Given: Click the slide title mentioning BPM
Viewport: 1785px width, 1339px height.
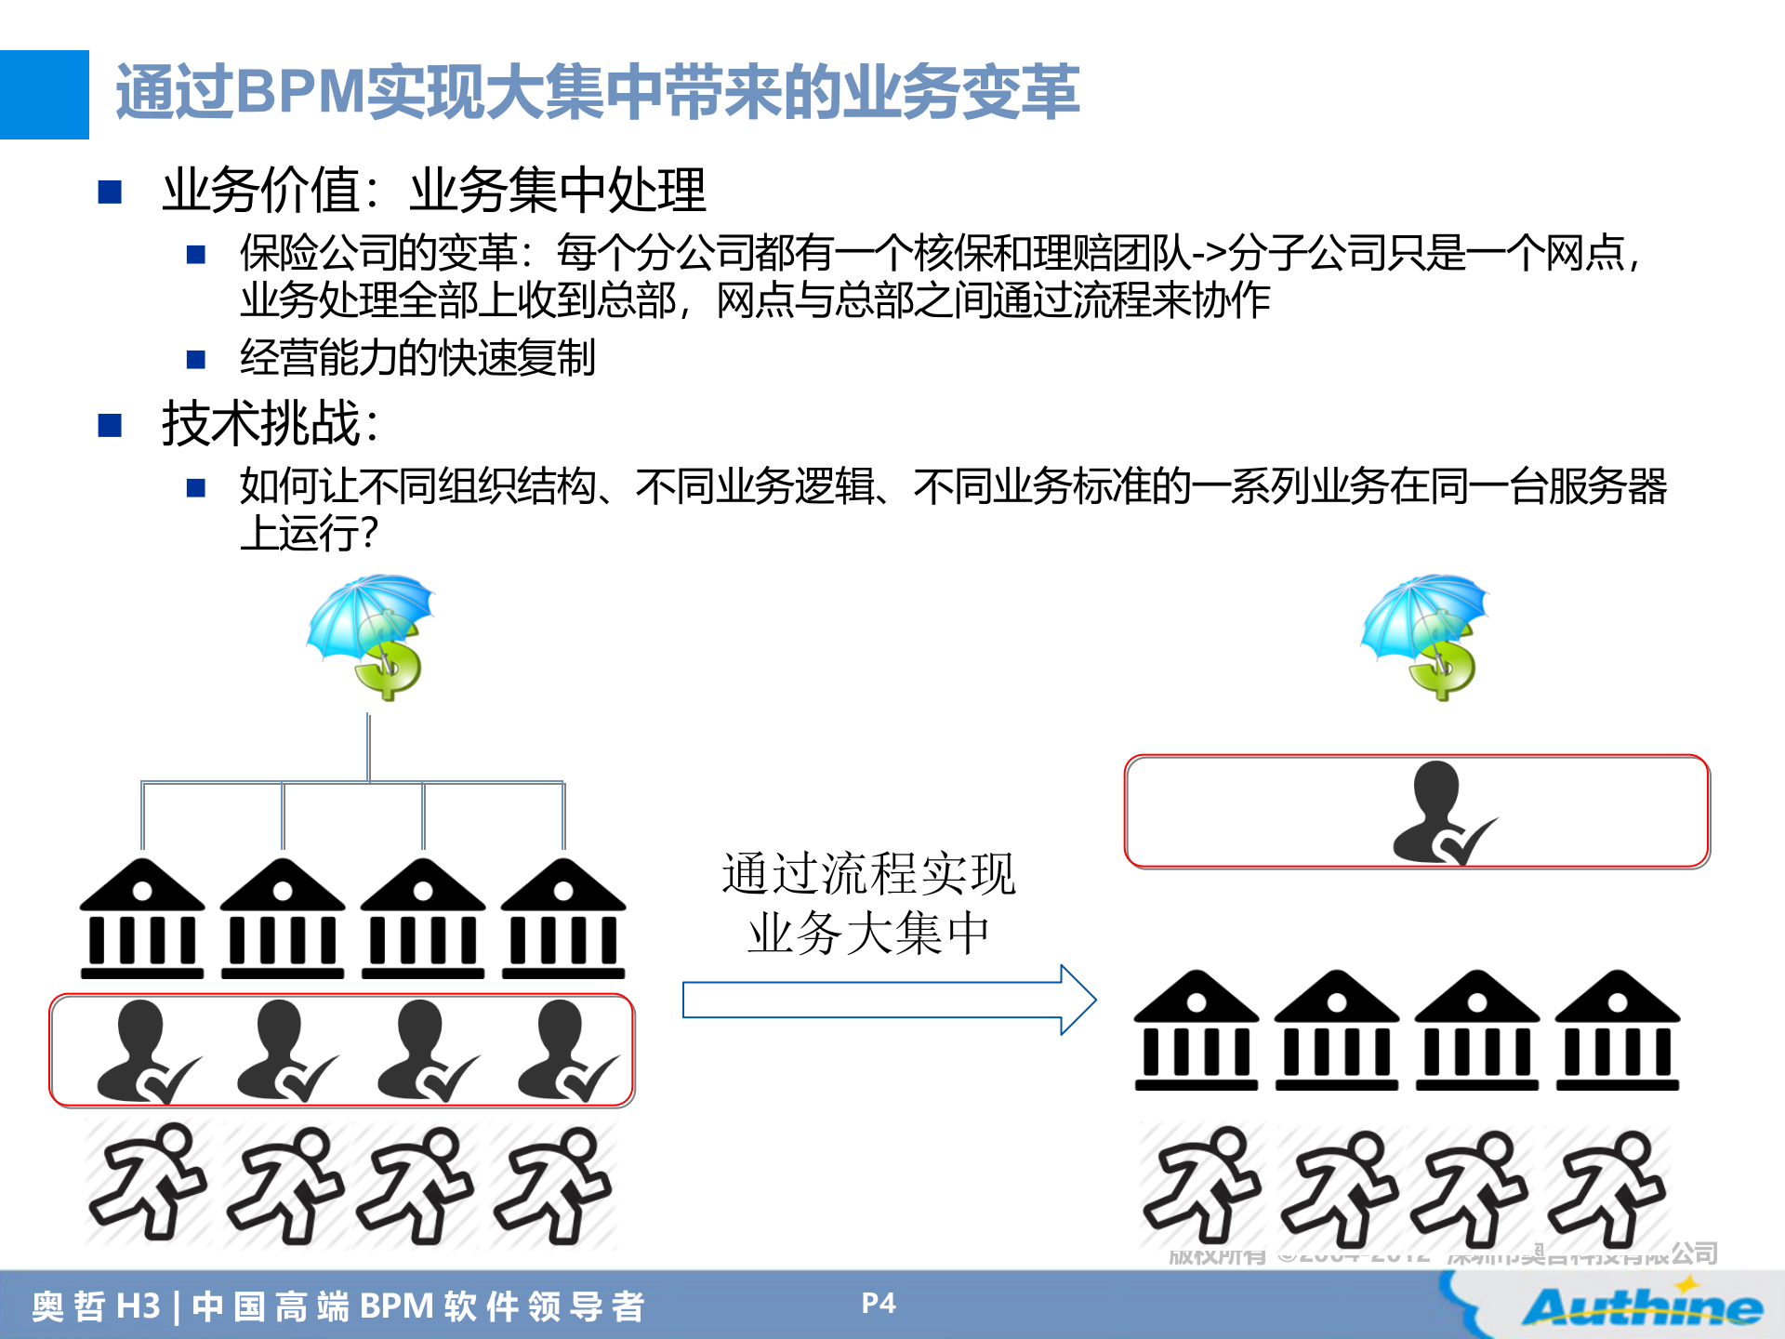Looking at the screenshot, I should (596, 92).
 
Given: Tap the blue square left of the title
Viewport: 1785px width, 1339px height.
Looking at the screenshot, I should (44, 94).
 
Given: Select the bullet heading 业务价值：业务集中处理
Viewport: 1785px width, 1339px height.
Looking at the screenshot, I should (433, 190).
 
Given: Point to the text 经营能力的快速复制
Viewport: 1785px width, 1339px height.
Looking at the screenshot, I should (417, 358).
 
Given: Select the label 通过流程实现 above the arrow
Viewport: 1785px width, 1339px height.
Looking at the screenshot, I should (868, 874).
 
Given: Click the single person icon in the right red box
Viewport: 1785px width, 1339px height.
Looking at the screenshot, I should (1441, 813).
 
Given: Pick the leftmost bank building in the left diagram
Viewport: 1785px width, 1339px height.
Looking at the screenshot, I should (142, 919).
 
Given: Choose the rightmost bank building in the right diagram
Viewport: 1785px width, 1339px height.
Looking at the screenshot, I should (1618, 1030).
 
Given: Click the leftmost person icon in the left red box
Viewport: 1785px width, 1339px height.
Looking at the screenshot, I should (145, 1051).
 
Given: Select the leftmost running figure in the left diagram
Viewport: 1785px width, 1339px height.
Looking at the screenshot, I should (147, 1183).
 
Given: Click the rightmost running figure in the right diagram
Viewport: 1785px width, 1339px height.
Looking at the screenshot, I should (1606, 1187).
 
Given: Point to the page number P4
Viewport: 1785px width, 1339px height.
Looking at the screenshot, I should (878, 1304).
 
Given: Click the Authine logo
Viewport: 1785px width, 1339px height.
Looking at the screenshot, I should (1642, 1306).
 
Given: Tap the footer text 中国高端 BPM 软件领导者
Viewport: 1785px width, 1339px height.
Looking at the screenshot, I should (417, 1306).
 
